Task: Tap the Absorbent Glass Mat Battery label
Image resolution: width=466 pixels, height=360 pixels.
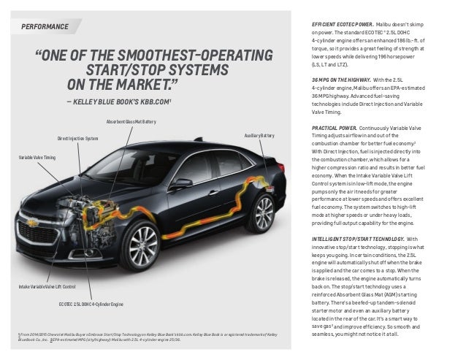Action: point(131,121)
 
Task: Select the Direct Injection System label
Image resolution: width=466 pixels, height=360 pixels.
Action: point(77,138)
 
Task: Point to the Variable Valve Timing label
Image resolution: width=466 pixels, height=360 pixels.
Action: point(37,158)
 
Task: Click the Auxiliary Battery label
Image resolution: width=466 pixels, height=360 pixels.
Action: point(259,136)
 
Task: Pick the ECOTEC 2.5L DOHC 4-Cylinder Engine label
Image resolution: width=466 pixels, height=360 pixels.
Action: point(91,303)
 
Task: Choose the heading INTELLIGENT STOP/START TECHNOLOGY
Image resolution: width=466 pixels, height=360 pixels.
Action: point(356,239)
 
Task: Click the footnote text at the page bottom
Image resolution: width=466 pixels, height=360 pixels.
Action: point(146,337)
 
